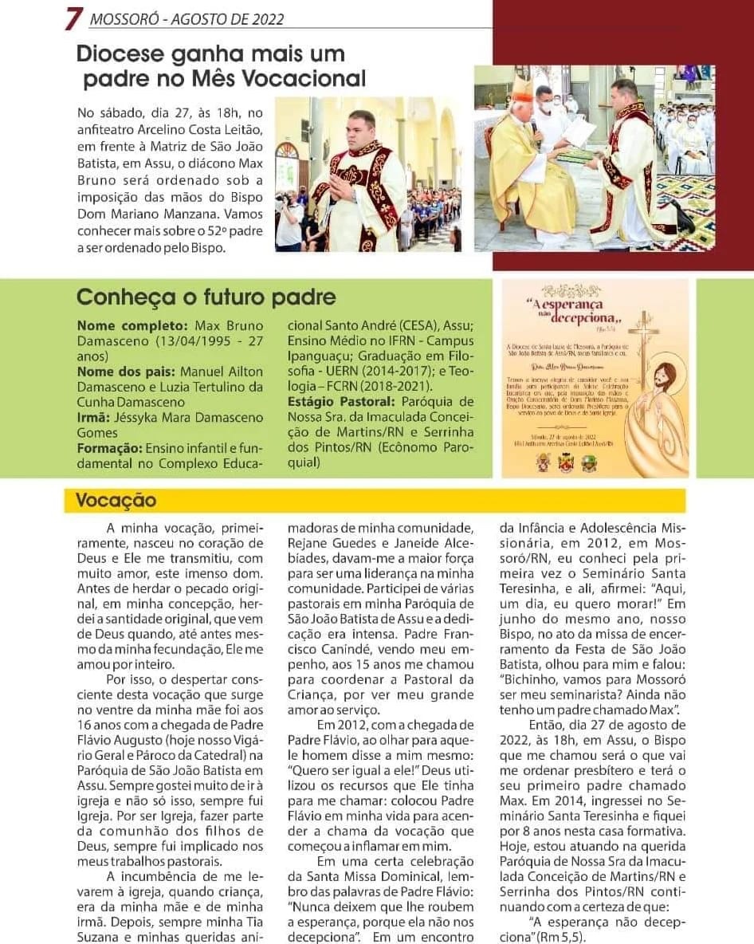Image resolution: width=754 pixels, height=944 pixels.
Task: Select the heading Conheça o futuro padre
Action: click(x=206, y=297)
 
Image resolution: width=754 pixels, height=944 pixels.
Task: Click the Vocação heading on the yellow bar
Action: click(x=116, y=501)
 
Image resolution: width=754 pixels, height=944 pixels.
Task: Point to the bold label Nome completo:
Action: click(x=132, y=326)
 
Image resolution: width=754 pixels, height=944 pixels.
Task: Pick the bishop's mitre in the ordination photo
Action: click(x=520, y=84)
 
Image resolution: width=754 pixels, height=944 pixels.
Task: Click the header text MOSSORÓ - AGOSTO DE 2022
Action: click(x=187, y=19)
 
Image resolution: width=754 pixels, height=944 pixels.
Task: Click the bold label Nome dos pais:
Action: click(x=127, y=372)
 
